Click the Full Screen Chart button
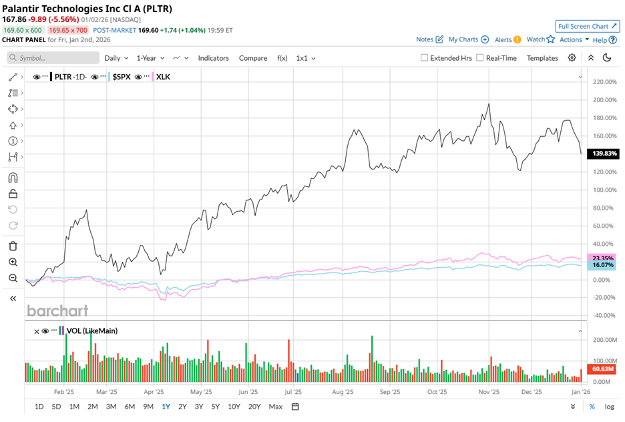click(x=586, y=26)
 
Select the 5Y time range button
click(x=215, y=406)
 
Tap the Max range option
click(x=275, y=406)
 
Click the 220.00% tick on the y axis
click(x=603, y=82)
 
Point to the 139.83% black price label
click(x=603, y=154)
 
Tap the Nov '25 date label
click(x=489, y=392)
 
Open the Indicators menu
click(x=213, y=58)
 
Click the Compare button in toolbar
click(x=253, y=58)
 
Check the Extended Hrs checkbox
click(x=425, y=58)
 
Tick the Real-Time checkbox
click(x=480, y=58)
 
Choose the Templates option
click(x=542, y=58)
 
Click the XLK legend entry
click(x=163, y=77)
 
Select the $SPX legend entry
click(x=121, y=77)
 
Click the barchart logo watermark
click(x=57, y=310)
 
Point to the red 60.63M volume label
click(x=603, y=369)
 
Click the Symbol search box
click(x=53, y=58)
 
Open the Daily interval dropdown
click(x=116, y=58)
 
